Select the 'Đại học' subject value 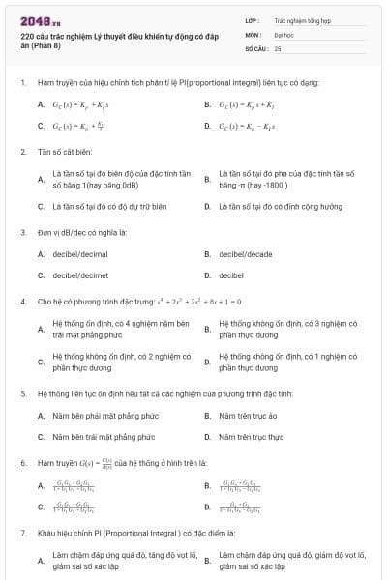pyautogui.click(x=284, y=33)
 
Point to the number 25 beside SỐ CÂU pyautogui.click(x=278, y=47)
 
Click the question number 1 pyautogui.click(x=22, y=82)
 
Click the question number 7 pyautogui.click(x=22, y=533)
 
